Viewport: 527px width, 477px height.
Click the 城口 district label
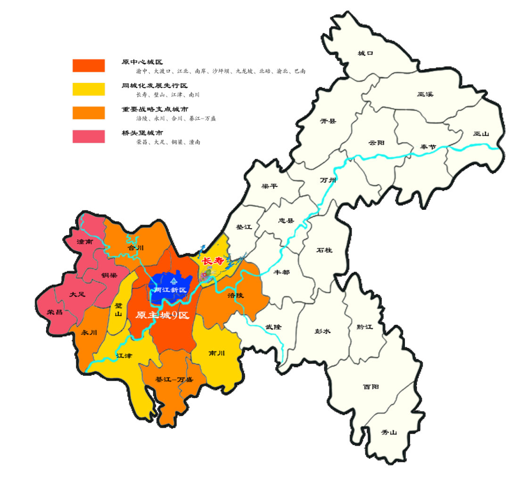pyautogui.click(x=365, y=53)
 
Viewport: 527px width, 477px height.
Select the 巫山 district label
pyautogui.click(x=481, y=134)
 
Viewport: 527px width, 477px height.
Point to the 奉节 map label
pyautogui.click(x=428, y=147)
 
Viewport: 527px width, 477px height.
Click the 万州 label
pyautogui.click(x=326, y=180)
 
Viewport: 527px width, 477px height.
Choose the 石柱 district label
pyautogui.click(x=324, y=250)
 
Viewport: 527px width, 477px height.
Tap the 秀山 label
pyautogui.click(x=389, y=432)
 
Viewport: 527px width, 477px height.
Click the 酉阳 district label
pyautogui.click(x=371, y=387)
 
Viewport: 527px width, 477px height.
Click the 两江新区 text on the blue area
pyautogui.click(x=171, y=290)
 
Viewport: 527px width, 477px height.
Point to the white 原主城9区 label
pyautogui.click(x=162, y=316)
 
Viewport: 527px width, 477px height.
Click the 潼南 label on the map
pyautogui.click(x=84, y=241)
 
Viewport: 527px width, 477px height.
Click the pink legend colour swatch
pyautogui.click(x=89, y=136)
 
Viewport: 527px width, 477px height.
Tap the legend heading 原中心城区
pyautogui.click(x=142, y=62)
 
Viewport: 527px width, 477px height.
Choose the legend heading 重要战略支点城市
pyautogui.click(x=152, y=109)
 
